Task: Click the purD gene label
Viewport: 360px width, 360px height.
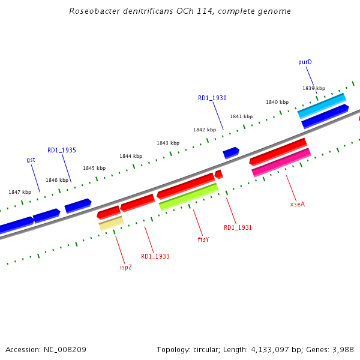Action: click(305, 62)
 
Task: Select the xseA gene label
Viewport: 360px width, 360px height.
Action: click(298, 204)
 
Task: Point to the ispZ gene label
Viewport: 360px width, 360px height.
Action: click(126, 267)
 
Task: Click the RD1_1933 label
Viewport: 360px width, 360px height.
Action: click(155, 256)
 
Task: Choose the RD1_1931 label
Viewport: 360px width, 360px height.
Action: click(238, 227)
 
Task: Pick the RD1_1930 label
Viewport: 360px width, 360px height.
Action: click(212, 98)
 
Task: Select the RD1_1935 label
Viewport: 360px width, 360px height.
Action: click(62, 150)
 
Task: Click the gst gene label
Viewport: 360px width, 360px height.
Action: click(31, 160)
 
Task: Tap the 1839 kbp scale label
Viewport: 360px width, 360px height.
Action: click(314, 88)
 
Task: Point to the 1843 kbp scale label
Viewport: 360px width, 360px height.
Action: click(168, 143)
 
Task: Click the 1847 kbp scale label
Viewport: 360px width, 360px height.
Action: click(20, 192)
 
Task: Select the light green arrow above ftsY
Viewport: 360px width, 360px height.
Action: click(188, 196)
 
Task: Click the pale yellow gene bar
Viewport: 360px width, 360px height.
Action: click(112, 223)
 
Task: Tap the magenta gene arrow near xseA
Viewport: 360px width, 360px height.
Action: click(281, 163)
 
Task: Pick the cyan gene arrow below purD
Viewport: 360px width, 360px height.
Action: click(322, 106)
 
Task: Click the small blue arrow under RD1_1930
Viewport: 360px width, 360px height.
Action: click(231, 153)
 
